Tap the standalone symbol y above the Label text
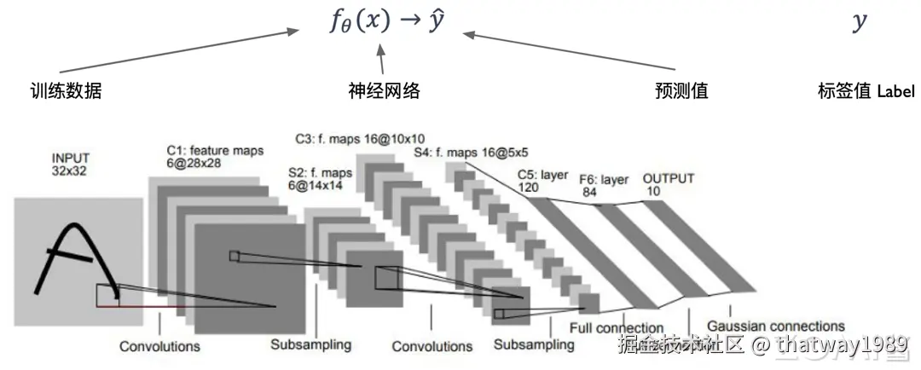pos(859,22)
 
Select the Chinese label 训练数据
pos(66,90)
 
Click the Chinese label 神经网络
pos(385,90)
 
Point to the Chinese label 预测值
pos(681,90)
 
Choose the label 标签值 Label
pos(866,91)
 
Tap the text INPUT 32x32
pos(70,165)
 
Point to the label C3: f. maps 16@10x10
pos(360,137)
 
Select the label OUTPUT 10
pos(668,184)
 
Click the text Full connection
pos(618,327)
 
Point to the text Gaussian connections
pos(775,326)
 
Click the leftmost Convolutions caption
pos(159,346)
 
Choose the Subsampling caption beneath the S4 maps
pos(534,346)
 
